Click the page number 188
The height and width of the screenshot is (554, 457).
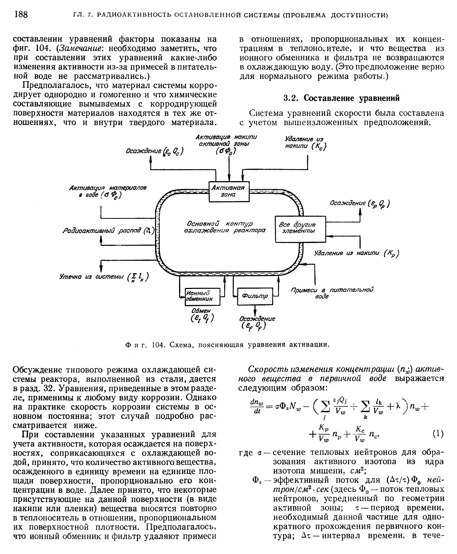coord(21,14)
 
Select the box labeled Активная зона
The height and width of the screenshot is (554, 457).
coord(229,191)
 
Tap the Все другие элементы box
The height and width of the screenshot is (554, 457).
coord(300,229)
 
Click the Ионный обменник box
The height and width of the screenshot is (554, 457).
coord(202,296)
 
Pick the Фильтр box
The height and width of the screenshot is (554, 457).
coord(255,296)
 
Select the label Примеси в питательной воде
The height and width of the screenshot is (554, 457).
coord(332,293)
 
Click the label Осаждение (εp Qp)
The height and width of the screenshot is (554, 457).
coord(359,203)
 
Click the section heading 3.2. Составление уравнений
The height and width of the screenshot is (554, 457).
coord(341,98)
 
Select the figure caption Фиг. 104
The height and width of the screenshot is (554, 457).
coord(227,344)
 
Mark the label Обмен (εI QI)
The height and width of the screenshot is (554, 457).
coord(202,315)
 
